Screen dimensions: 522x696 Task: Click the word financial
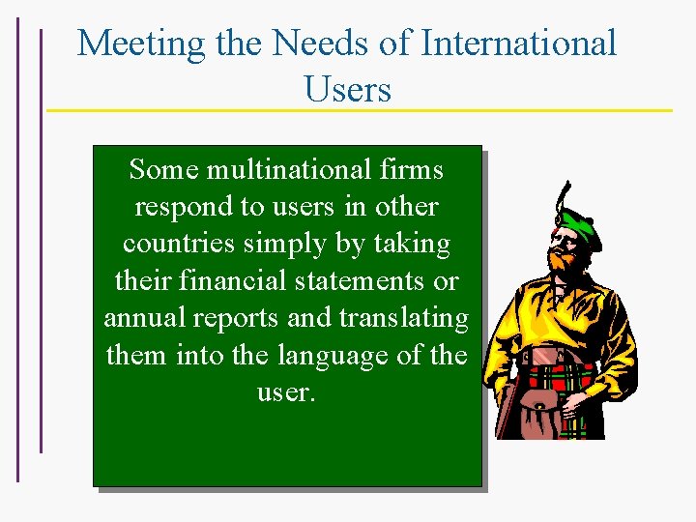(231, 280)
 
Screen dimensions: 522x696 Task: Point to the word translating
(404, 317)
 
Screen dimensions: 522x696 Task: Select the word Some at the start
(162, 170)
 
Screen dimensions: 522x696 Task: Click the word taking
(414, 244)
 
